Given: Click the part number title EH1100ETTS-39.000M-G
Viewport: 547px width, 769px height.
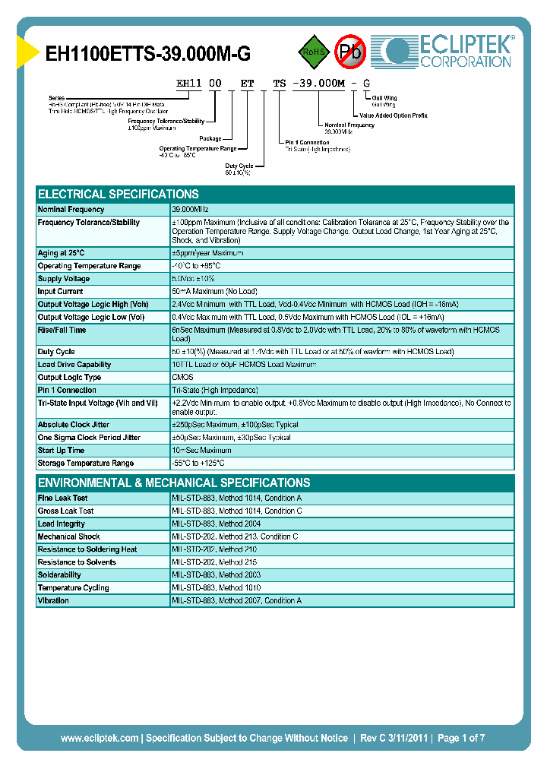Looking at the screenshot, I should [148, 54].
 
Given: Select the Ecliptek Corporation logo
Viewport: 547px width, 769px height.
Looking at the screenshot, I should [449, 51].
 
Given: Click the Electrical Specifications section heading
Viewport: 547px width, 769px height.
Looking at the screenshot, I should [119, 194].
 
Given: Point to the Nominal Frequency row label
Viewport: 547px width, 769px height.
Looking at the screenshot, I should [71, 209].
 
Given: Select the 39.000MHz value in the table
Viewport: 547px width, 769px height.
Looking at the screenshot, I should [190, 209].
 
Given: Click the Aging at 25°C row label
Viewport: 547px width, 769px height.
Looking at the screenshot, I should [62, 253].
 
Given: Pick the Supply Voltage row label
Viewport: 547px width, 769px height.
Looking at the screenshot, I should [64, 279].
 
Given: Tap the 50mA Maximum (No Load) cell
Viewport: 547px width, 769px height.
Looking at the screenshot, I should [214, 292].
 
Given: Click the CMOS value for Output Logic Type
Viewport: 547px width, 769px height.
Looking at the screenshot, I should [183, 378].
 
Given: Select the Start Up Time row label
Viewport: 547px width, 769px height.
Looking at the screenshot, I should [61, 451].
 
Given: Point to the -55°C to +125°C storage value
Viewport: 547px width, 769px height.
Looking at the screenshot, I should [198, 464].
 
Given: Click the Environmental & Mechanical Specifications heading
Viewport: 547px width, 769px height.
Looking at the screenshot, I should [174, 483].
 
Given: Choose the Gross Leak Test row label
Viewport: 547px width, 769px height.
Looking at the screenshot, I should [66, 511].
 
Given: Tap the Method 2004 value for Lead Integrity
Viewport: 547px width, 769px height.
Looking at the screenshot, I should [217, 524].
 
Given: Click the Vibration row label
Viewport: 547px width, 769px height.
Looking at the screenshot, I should [53, 601].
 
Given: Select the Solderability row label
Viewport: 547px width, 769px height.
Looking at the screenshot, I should [59, 575].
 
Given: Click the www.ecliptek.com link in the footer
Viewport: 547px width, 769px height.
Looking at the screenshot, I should [100, 738].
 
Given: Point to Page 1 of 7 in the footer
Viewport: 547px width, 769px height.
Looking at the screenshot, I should [459, 738].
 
